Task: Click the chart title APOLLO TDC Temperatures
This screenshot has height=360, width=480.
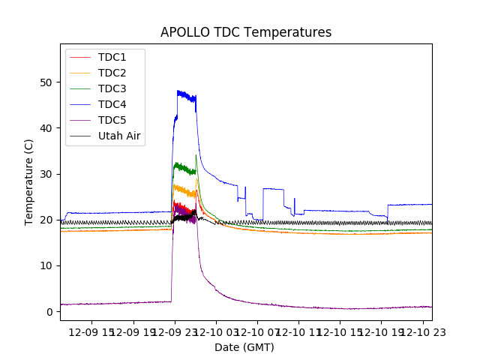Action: pos(246,32)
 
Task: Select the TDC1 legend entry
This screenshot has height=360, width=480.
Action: pos(112,58)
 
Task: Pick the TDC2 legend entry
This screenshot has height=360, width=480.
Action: pos(112,73)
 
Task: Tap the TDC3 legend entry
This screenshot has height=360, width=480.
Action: pos(112,89)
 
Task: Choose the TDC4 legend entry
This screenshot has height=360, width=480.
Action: pos(112,105)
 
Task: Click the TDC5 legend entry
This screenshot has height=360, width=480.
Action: pos(112,121)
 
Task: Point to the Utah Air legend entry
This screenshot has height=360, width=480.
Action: pos(119,136)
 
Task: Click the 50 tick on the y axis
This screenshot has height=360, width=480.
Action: pos(47,82)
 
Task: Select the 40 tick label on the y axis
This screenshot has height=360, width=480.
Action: pos(47,128)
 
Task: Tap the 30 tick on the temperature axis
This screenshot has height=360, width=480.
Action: pos(47,174)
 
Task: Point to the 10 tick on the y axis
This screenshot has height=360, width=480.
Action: pos(47,265)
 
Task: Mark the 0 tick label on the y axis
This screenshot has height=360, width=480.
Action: pos(50,311)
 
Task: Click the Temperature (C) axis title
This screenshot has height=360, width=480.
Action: pos(30,182)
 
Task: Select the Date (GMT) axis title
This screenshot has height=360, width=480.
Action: pos(244,347)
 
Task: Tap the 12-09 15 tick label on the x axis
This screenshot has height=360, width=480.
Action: pos(92,331)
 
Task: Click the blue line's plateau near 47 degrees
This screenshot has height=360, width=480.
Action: pos(186,96)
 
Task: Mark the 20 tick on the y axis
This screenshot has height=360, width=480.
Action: pos(47,220)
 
